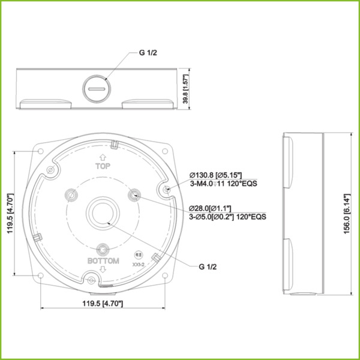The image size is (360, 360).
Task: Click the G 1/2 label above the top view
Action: [148, 53]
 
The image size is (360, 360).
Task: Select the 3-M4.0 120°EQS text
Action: [223, 184]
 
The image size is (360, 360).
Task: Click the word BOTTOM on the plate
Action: [104, 262]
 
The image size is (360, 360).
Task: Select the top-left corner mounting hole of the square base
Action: [40, 151]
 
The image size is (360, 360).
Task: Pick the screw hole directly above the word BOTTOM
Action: [104, 249]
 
